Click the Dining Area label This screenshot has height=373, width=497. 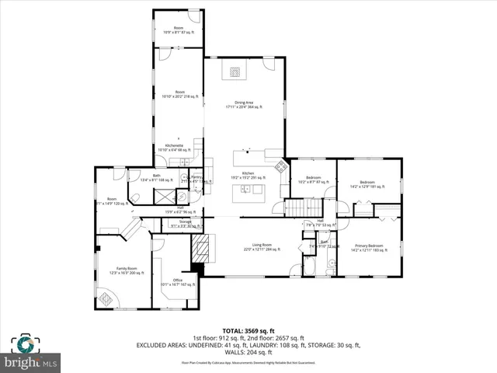point(245,104)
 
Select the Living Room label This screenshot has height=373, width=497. point(262,246)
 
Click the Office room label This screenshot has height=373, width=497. point(177,281)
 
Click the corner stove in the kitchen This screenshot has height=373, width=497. point(281,164)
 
